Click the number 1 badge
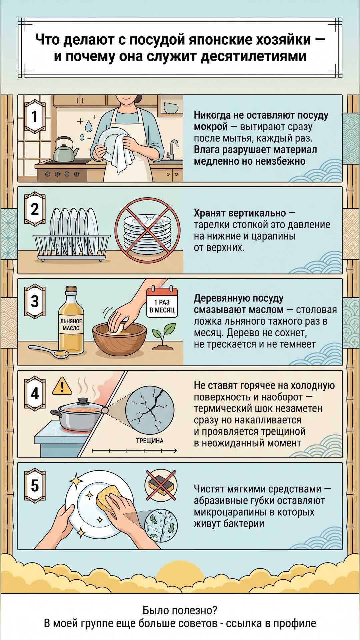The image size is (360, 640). tap(35, 117)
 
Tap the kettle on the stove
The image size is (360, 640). tap(65, 148)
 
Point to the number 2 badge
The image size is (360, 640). tap(35, 209)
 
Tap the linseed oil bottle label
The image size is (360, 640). tap(71, 325)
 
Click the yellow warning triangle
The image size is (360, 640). tap(62, 386)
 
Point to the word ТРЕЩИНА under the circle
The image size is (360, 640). tap(150, 441)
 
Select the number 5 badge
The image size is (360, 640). tap(35, 485)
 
